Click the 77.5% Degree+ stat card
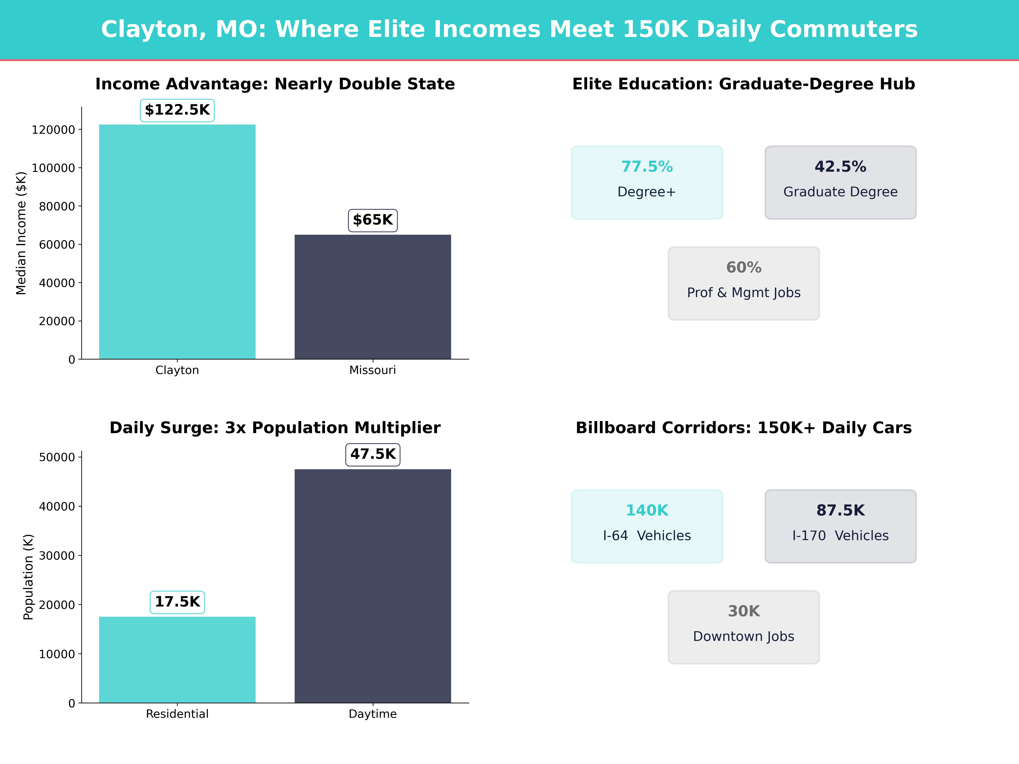tap(647, 182)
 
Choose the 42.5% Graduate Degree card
tap(840, 182)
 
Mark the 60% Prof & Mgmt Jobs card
tap(743, 283)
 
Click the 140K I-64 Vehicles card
tap(647, 526)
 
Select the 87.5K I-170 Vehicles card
tap(840, 526)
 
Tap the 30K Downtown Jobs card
tap(743, 627)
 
